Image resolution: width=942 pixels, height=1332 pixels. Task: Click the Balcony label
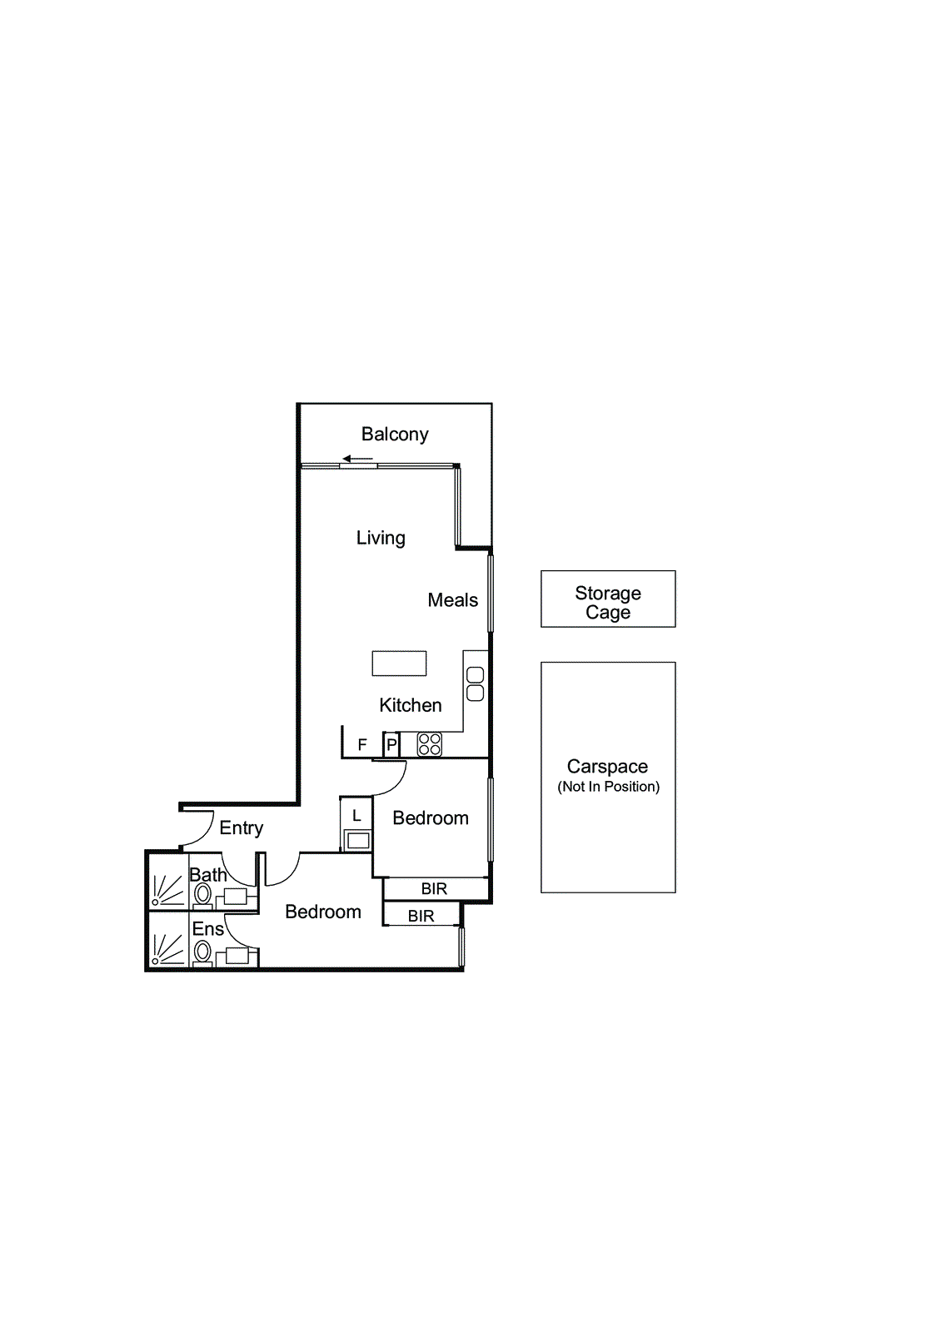(x=395, y=435)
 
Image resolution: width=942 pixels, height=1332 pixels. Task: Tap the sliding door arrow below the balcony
(x=357, y=459)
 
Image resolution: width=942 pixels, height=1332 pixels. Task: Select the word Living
(x=381, y=538)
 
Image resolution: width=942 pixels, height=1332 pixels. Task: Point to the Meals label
(x=452, y=600)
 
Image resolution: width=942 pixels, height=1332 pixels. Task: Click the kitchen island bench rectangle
(x=399, y=664)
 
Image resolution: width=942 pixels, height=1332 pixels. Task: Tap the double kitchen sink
(x=476, y=684)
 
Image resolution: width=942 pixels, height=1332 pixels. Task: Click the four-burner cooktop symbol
(x=430, y=744)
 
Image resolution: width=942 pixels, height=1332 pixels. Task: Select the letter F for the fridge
(x=362, y=745)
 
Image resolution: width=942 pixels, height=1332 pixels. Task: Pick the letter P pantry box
(x=391, y=745)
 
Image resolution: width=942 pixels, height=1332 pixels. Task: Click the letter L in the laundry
(x=356, y=816)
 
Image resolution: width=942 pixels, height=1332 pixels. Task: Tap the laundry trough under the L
(x=358, y=840)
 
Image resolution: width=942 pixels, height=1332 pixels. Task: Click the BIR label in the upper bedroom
(x=434, y=889)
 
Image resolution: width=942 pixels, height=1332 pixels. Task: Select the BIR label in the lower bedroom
(x=421, y=917)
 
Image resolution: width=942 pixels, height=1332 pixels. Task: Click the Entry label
(x=241, y=828)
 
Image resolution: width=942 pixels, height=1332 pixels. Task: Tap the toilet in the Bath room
(x=202, y=895)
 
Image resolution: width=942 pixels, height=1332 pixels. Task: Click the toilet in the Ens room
(x=202, y=952)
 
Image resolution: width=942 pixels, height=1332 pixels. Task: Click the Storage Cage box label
(x=608, y=603)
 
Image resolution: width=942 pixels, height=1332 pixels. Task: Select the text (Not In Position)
(x=608, y=787)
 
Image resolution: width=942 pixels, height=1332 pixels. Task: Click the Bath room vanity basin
(x=236, y=897)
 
